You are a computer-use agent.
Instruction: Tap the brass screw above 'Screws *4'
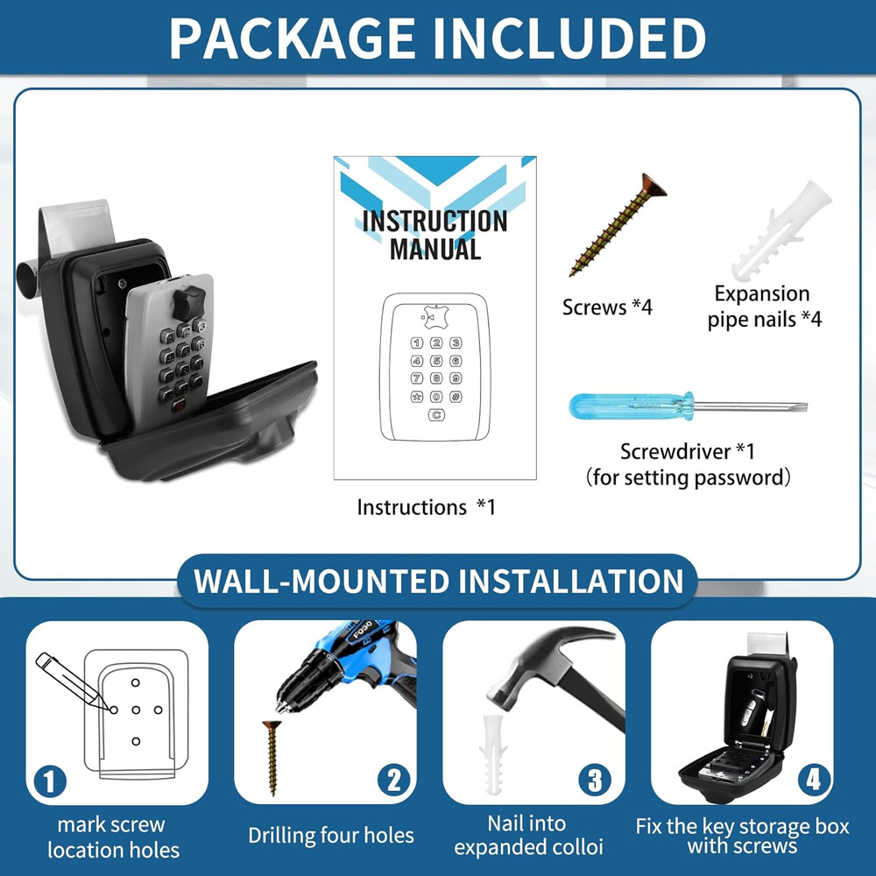pos(618,224)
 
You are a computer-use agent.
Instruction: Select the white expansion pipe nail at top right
pos(781,231)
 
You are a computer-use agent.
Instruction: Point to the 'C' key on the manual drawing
pos(436,415)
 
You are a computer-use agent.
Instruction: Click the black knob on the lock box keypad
pos(188,303)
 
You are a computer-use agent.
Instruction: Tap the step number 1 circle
pos(50,781)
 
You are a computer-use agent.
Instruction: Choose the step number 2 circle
pos(394,780)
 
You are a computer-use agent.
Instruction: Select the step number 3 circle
pos(595,780)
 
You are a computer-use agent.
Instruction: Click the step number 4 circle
pos(813,779)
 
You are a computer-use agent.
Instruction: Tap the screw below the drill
pos(272,758)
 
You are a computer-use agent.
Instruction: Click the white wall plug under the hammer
pos(492,755)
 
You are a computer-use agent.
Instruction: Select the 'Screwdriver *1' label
pos(688,451)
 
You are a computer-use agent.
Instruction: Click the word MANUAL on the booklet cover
pos(435,249)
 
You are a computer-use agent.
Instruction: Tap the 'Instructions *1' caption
pos(427,507)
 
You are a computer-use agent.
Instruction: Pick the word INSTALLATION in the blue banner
pos(571,581)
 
